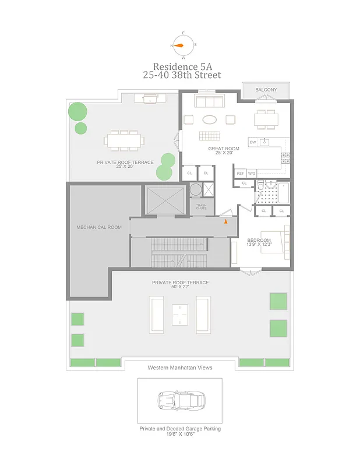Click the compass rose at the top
[183, 45]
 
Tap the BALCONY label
[266, 90]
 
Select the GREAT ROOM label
[224, 149]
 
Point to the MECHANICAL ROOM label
[99, 227]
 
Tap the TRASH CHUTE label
[201, 206]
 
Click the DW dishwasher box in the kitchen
[253, 142]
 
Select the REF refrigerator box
[240, 174]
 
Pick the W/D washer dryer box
[252, 174]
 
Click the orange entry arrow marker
[226, 220]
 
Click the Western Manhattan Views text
[180, 368]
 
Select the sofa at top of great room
[209, 103]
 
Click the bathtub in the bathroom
[283, 192]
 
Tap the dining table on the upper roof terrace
[123, 140]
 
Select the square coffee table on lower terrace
[180, 315]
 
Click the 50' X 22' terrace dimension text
[180, 288]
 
